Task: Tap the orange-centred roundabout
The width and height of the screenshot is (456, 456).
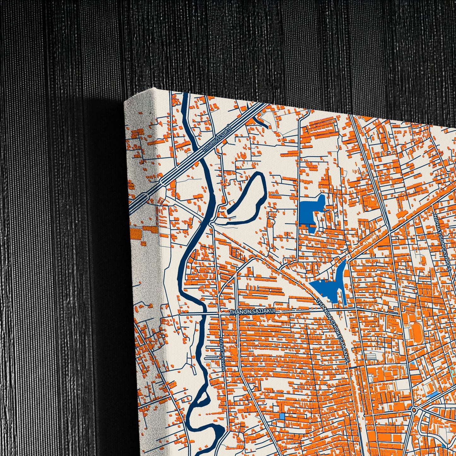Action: tap(414, 410)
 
